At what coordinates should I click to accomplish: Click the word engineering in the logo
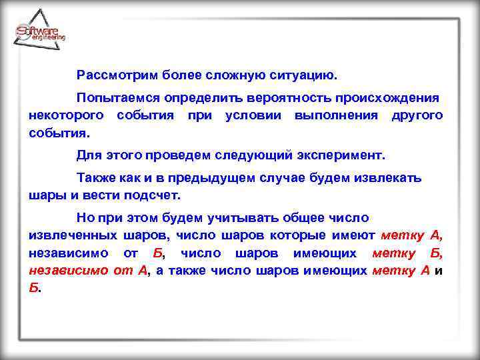(x=48, y=38)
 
